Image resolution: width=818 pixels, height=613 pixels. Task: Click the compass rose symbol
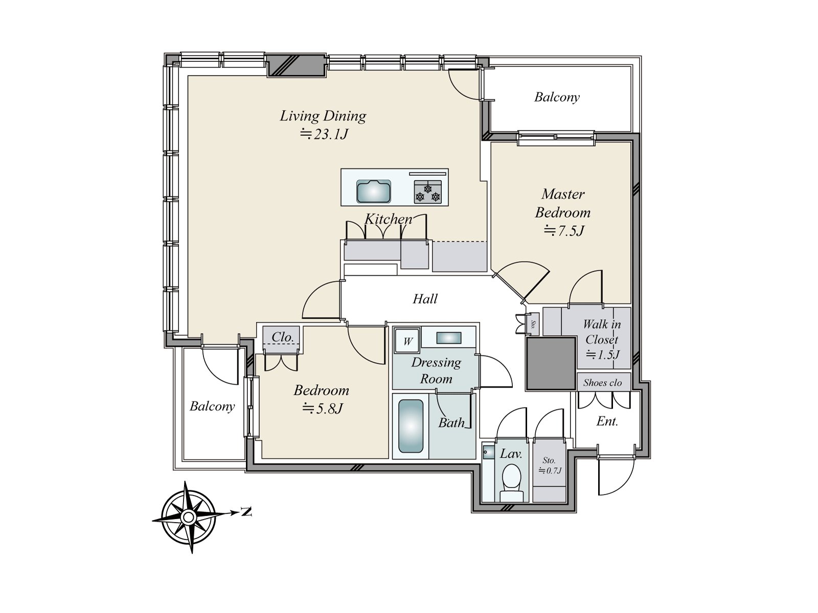click(188, 517)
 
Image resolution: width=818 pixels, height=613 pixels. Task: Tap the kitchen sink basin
click(375, 193)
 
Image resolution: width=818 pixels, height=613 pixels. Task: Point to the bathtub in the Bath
click(411, 427)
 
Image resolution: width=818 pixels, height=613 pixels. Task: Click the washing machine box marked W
click(407, 341)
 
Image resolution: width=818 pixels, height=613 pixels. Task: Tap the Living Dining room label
click(323, 116)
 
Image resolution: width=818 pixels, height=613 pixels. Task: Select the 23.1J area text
click(323, 134)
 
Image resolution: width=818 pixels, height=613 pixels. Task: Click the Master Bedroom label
click(562, 203)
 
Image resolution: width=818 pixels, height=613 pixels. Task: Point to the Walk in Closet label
click(602, 332)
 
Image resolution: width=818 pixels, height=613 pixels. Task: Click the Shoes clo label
click(602, 383)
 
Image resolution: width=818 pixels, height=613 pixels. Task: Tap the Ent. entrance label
click(607, 421)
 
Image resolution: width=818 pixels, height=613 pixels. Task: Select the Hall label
click(425, 299)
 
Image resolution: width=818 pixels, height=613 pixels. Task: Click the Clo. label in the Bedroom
click(282, 337)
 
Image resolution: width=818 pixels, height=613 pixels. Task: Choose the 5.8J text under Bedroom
click(322, 409)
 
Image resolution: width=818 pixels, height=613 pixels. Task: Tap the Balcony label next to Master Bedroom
click(557, 97)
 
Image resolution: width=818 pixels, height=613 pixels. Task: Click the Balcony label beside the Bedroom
click(212, 407)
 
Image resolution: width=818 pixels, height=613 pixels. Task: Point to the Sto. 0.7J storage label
click(549, 466)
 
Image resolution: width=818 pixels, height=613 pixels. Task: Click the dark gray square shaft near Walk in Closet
click(551, 363)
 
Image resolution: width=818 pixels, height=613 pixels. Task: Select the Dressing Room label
click(436, 370)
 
